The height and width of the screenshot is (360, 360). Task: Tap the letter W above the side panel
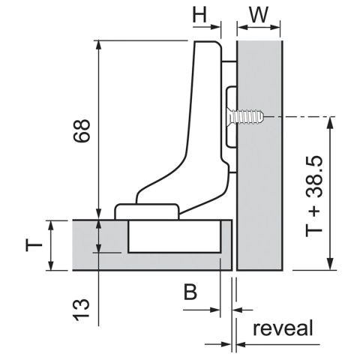(259, 16)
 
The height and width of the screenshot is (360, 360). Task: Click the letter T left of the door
(31, 244)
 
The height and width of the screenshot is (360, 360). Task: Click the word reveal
(283, 328)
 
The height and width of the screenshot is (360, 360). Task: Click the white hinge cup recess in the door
(174, 236)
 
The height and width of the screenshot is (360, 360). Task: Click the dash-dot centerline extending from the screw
(300, 117)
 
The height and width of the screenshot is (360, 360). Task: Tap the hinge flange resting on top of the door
(147, 211)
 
